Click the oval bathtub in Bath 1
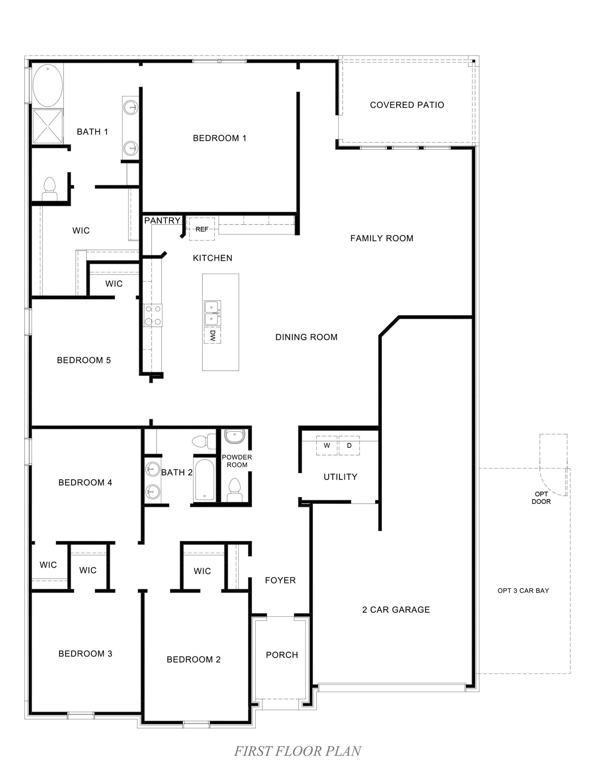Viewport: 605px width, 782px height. (48, 86)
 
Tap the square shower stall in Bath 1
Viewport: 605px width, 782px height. (48, 126)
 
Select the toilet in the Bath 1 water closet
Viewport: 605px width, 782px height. (49, 189)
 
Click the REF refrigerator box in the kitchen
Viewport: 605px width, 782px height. (202, 229)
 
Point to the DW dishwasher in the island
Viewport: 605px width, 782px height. (212, 335)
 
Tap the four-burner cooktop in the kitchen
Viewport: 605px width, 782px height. (153, 315)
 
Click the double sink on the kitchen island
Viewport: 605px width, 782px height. (212, 312)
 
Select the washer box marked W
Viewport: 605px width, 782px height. (326, 445)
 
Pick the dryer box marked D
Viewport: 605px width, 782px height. (349, 445)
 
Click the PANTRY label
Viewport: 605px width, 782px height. (162, 221)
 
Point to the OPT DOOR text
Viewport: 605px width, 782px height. (541, 498)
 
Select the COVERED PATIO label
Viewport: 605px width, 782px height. (407, 105)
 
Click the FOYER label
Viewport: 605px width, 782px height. (280, 580)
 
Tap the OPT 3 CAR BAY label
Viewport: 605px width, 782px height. (523, 590)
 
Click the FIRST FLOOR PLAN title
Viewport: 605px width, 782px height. (298, 751)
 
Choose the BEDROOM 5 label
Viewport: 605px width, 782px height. (84, 360)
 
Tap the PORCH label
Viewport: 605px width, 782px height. (282, 655)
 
